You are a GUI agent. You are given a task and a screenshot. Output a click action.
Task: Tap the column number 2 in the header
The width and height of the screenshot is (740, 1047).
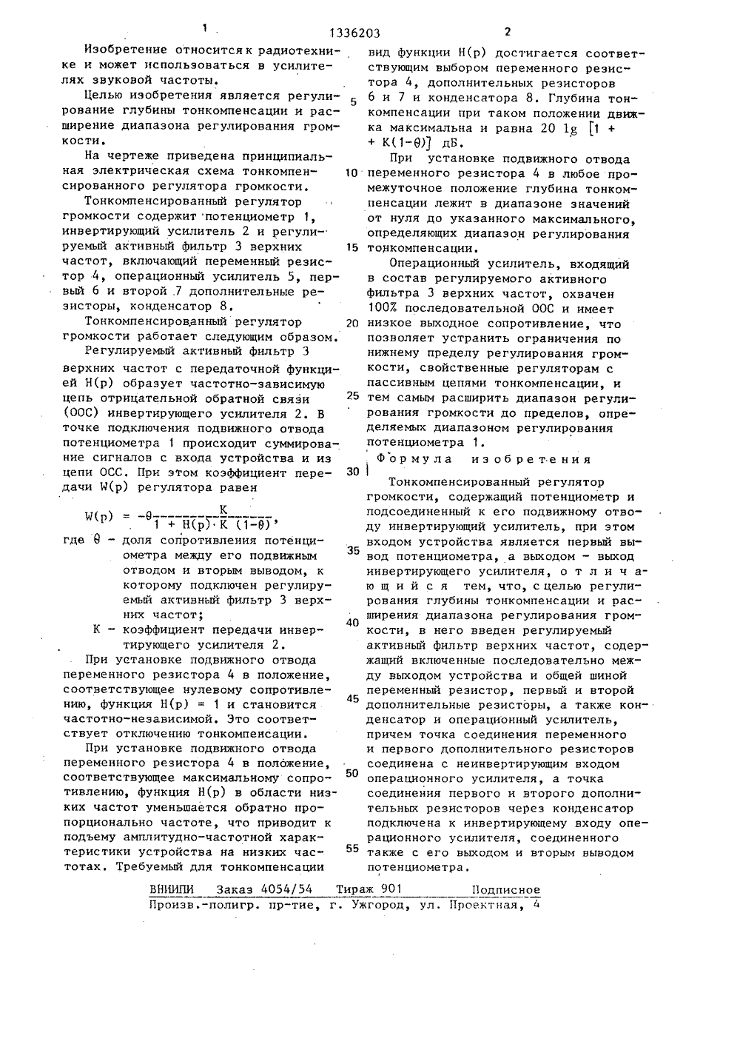[507, 32]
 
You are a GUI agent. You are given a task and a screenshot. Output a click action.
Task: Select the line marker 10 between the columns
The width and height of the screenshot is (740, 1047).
[352, 173]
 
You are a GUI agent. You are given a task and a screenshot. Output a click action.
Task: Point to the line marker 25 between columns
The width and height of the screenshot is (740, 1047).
[352, 395]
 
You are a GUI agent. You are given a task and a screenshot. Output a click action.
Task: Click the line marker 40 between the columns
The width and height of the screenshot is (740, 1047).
[352, 622]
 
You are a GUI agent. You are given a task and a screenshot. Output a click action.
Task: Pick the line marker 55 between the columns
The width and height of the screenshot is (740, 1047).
[352, 849]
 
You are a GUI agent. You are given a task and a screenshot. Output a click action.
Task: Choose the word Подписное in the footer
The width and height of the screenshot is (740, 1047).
[505, 890]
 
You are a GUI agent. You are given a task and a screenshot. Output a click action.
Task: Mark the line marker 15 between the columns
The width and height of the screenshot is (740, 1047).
[352, 248]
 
